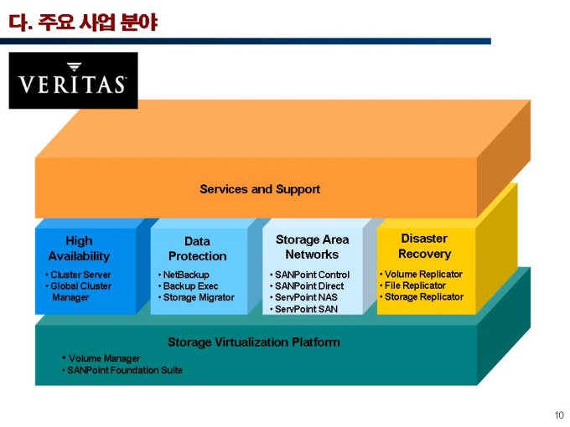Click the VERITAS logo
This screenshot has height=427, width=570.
click(73, 80)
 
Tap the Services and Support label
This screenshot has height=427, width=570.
click(260, 189)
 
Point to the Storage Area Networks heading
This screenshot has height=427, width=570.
click(312, 247)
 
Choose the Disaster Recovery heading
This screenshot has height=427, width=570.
click(424, 246)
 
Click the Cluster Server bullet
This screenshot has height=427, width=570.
click(80, 275)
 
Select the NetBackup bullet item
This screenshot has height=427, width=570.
click(186, 275)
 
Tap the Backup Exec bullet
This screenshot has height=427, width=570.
click(190, 286)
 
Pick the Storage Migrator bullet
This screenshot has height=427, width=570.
click(199, 297)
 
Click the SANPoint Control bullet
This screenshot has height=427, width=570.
click(313, 275)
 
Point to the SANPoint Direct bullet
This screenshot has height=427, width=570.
click(309, 286)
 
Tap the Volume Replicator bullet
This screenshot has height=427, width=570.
click(422, 274)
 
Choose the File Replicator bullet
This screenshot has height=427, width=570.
click(415, 286)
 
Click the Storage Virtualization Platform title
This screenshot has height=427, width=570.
click(253, 342)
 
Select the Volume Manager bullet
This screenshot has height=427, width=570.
click(104, 358)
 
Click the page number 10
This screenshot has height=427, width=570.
click(559, 415)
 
